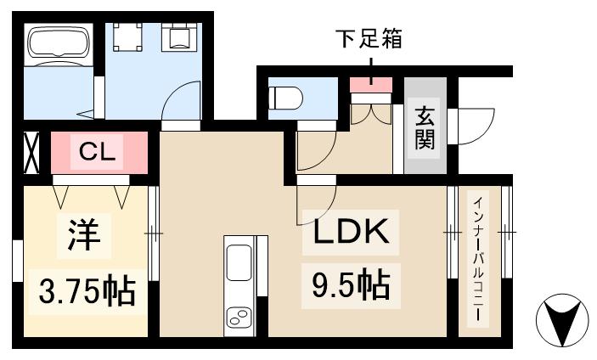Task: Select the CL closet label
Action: pos(101,153)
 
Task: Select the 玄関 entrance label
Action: pos(425,127)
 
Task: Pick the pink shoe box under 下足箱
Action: pos(371,83)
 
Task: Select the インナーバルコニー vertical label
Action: pos(478,258)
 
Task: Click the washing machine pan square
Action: pos(127,37)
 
